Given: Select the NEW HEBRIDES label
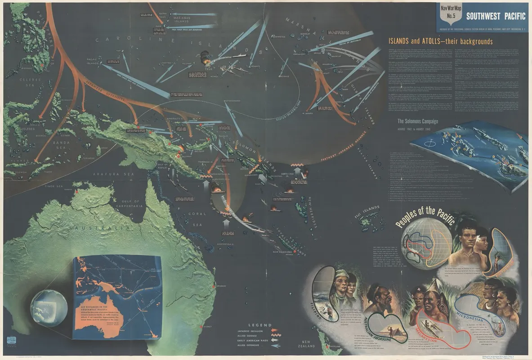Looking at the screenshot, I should [314, 205].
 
